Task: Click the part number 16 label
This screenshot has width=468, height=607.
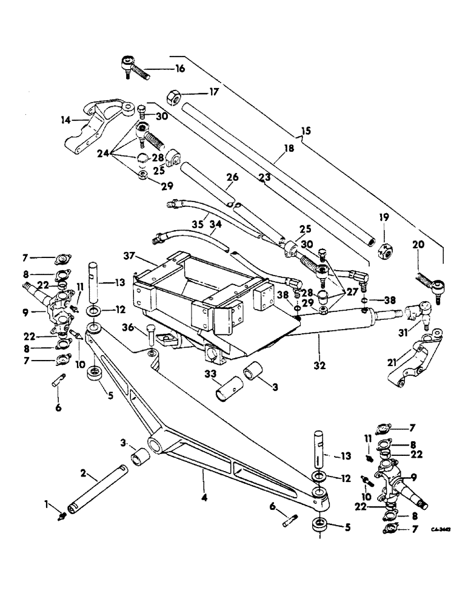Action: point(179,69)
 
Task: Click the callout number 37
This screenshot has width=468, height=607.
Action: point(129,258)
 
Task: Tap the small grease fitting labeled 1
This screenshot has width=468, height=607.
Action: point(62,517)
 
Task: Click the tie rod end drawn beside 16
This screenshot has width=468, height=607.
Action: point(137,63)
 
